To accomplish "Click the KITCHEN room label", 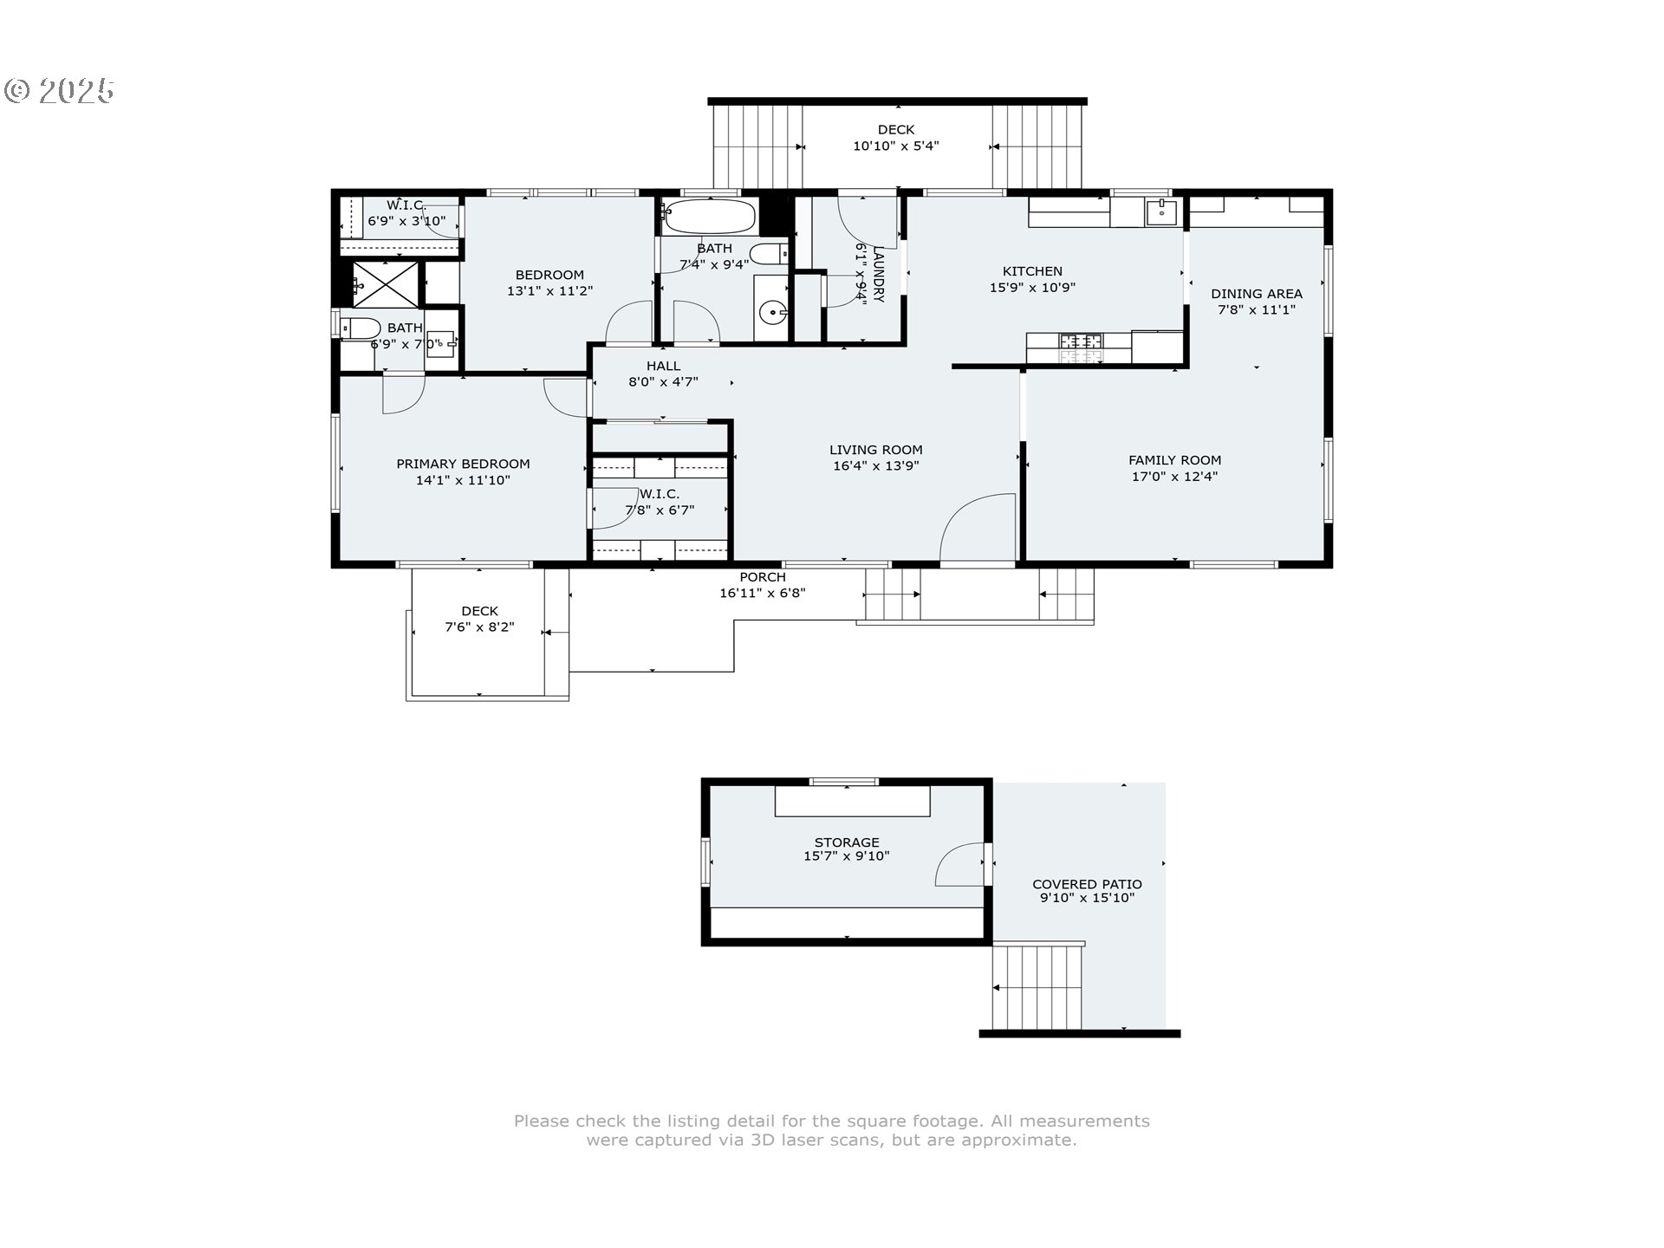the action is coord(1032,271).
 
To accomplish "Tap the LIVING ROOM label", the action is coord(875,450).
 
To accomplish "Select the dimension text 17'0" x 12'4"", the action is coord(1174,477).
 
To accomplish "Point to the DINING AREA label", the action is coord(1257,294).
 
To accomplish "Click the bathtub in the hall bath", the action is coord(709,217).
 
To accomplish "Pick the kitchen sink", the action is coord(1161,211).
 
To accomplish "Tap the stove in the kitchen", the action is coord(1081,348).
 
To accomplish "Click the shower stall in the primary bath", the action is coord(386,283).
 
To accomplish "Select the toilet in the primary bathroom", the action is coord(360,328).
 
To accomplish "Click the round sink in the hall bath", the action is coord(770,311).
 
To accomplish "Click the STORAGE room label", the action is coord(847,842).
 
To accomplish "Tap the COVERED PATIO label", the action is coord(1087,885).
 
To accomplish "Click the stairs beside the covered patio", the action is coord(1037,986).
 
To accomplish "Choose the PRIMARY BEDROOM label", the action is coord(463,465).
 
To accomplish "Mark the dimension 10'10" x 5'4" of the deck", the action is coord(896,146).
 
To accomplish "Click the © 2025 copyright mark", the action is coord(60,91).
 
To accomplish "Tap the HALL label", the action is coord(663,367).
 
